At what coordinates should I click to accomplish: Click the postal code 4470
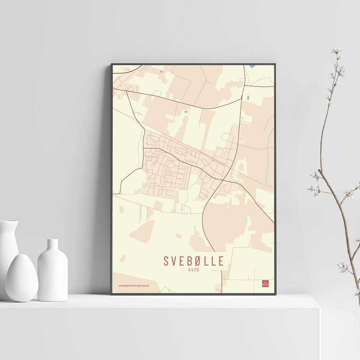(x=193, y=270)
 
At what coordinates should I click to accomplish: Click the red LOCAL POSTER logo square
(x=265, y=284)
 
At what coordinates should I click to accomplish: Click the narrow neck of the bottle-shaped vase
(x=53, y=244)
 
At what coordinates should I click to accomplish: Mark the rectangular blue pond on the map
(x=248, y=97)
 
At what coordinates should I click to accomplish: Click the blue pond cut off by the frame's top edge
(x=252, y=66)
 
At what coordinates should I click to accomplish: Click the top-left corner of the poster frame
(x=112, y=64)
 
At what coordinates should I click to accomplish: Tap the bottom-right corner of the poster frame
(x=275, y=294)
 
